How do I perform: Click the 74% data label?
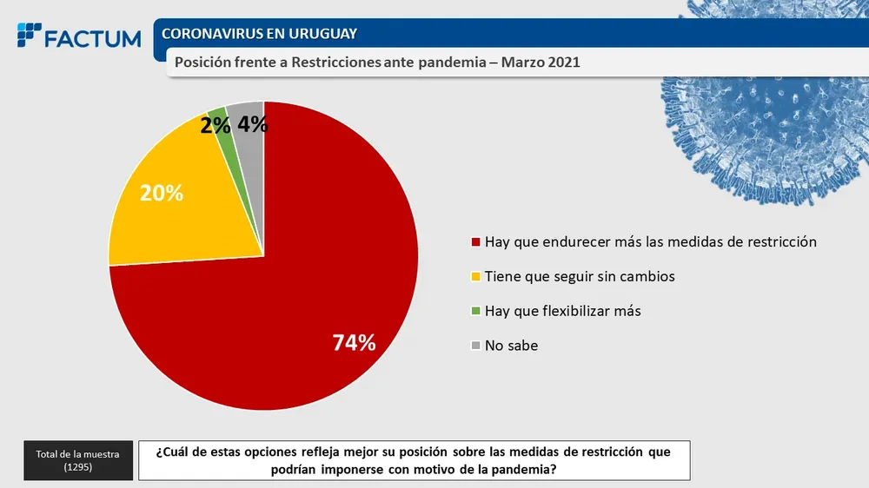tap(355, 343)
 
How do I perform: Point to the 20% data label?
tap(162, 193)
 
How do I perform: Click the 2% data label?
tap(214, 125)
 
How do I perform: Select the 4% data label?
tap(252, 124)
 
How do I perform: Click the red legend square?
tap(474, 242)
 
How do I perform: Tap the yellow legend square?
tap(474, 277)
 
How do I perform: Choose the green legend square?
tap(474, 311)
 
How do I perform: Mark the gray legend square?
tap(474, 346)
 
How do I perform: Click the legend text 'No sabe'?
tap(511, 346)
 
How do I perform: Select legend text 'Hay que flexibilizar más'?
tap(562, 311)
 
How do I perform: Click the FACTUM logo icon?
tap(30, 36)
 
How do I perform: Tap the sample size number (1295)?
tap(78, 467)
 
